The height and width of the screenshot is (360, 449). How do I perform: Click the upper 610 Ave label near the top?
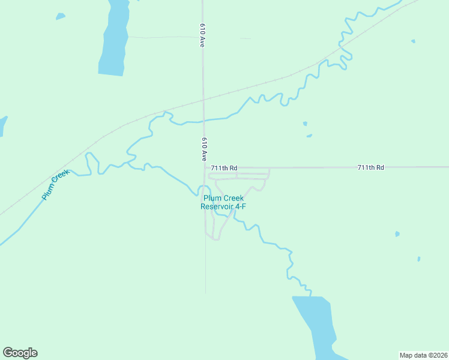point(203,35)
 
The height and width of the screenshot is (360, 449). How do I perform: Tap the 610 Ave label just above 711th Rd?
point(204,149)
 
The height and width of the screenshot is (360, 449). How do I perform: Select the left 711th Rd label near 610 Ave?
point(224,168)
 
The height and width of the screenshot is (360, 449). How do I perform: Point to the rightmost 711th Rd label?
point(370,167)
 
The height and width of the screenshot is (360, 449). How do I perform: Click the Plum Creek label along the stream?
point(56,185)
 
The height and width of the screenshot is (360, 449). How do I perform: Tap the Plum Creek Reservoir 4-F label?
point(223,202)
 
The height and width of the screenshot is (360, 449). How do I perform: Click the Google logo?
point(20,353)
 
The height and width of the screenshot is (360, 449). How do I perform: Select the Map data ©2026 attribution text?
point(423,355)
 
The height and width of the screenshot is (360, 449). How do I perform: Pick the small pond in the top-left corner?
point(60,16)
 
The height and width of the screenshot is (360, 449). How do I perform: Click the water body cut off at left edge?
point(2,125)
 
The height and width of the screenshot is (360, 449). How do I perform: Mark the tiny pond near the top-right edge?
point(413,41)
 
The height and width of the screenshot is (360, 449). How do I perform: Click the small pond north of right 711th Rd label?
point(305,124)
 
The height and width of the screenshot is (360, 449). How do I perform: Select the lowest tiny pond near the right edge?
point(419,259)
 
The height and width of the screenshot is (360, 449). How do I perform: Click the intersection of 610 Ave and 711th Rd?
point(205,168)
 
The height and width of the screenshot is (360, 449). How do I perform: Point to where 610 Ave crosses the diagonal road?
point(203,99)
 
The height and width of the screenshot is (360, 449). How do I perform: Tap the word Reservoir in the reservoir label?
point(217,206)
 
